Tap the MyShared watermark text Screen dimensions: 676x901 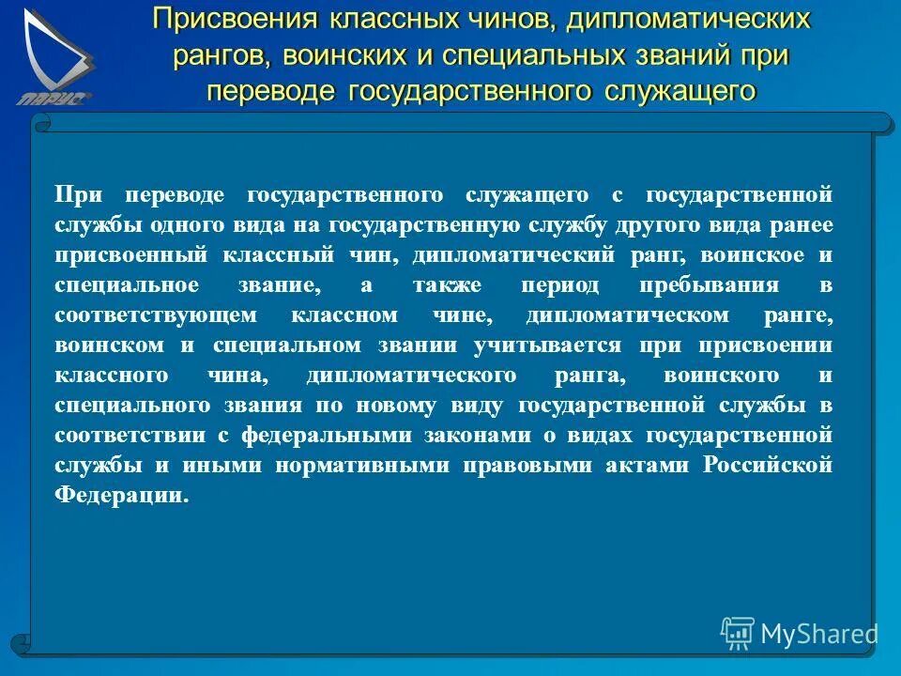pos(818,634)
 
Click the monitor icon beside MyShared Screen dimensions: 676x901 pos(738,634)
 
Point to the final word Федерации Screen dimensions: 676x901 pos(121,495)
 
